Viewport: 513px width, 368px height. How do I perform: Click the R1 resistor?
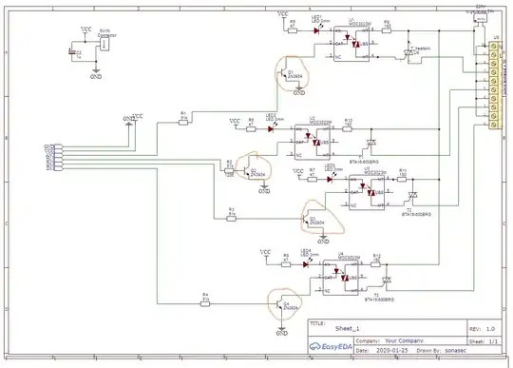183,121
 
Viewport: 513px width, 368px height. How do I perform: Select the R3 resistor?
231,213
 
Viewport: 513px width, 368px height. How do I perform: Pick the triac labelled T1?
388,281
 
